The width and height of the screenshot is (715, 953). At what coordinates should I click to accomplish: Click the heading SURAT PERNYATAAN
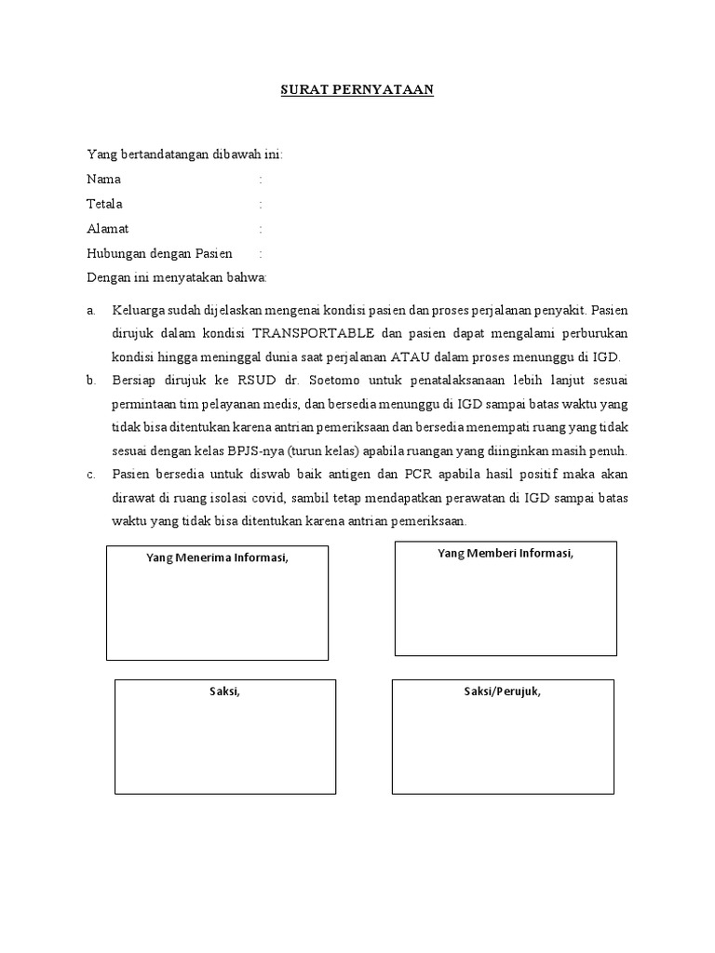point(357,90)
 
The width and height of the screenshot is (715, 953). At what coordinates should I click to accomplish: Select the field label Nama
point(103,179)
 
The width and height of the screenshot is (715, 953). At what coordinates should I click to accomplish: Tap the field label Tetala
point(104,204)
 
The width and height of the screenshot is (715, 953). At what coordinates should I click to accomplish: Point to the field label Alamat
point(108,228)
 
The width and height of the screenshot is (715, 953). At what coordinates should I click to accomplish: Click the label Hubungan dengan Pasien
point(159,253)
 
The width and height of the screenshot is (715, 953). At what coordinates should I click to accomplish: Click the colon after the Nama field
point(261,179)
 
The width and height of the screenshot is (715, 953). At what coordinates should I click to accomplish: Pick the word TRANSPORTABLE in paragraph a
point(315,332)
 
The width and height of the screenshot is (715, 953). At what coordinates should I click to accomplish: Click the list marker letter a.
point(90,309)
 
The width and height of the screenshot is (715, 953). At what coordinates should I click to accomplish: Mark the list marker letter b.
point(91,381)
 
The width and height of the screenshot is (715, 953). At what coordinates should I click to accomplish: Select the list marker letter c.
point(90,476)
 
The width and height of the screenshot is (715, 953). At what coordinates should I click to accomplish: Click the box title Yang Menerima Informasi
point(218,557)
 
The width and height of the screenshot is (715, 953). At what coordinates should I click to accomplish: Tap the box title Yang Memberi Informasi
point(506,554)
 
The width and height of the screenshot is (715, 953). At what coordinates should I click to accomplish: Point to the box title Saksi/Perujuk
point(503,691)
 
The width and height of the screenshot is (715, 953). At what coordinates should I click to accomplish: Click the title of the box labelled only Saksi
point(224,691)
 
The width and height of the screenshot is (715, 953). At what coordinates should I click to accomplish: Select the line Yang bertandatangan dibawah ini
point(184,154)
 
